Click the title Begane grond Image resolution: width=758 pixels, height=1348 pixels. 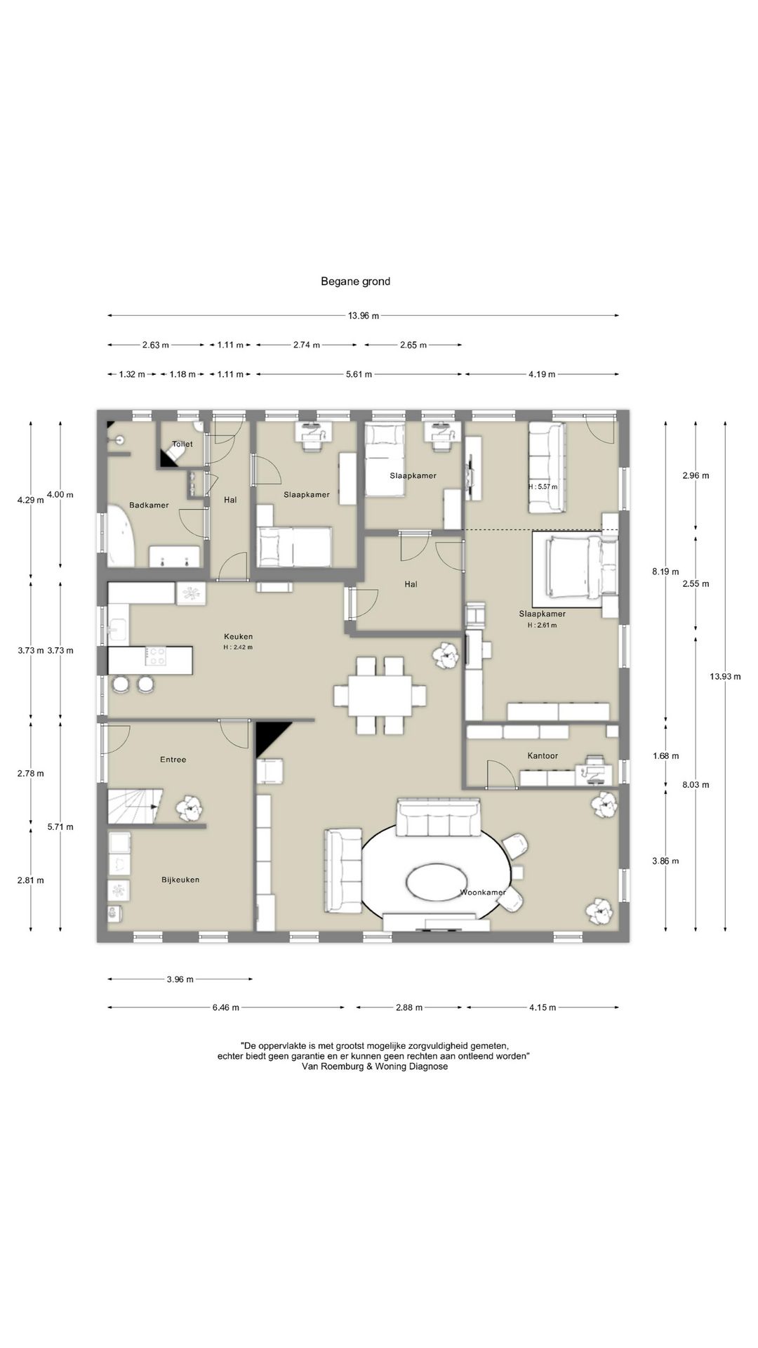[355, 282]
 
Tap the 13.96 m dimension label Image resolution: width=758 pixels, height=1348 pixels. [364, 316]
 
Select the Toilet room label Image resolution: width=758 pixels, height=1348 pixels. [182, 444]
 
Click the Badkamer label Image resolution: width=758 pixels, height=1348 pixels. [149, 505]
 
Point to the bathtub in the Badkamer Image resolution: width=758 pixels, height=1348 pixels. [120, 537]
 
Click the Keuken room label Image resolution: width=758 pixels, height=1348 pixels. [238, 637]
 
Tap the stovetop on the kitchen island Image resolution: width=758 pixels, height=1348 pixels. [156, 656]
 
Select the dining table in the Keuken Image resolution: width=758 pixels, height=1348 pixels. [380, 695]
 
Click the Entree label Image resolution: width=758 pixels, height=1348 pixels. [173, 760]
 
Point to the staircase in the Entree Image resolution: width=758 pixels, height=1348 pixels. [135, 805]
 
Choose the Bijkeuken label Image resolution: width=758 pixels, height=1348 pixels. [180, 880]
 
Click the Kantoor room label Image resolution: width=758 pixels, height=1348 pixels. [543, 756]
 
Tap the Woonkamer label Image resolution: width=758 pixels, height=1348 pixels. [483, 892]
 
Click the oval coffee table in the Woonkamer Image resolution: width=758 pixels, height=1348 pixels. [439, 880]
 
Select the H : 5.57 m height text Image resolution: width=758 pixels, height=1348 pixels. [543, 487]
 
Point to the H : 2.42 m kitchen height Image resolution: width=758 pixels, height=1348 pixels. [238, 647]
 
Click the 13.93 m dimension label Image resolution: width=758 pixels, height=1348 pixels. [725, 677]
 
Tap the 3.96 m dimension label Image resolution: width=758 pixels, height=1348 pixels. [180, 979]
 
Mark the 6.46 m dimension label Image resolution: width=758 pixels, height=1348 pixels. [226, 1007]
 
